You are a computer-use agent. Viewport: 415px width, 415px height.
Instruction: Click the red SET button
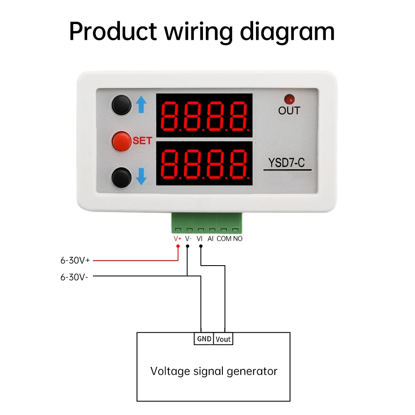pos(121,141)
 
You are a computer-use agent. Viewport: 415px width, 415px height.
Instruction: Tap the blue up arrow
pos(141,105)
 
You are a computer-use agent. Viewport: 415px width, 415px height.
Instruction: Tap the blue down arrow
pos(141,176)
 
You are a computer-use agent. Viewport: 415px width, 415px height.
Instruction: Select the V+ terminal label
pos(178,239)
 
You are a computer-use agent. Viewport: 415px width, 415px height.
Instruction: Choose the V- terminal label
pos(188,239)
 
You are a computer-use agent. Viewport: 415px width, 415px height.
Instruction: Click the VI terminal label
pos(200,239)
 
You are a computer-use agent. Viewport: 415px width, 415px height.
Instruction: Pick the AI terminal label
pos(210,239)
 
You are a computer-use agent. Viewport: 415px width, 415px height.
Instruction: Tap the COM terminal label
pos(224,239)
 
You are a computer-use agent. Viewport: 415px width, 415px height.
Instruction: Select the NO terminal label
pos(237,239)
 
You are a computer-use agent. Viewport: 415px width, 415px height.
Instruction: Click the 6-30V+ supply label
pos(76,261)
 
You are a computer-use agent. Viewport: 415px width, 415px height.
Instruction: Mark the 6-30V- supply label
pos(74,277)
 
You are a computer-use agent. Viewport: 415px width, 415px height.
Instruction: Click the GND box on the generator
pos(204,339)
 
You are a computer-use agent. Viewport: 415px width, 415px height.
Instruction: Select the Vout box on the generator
pos(223,339)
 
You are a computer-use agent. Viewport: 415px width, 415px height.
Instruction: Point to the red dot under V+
pos(178,247)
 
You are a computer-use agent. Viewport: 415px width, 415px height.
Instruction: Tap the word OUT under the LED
pos(289,111)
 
